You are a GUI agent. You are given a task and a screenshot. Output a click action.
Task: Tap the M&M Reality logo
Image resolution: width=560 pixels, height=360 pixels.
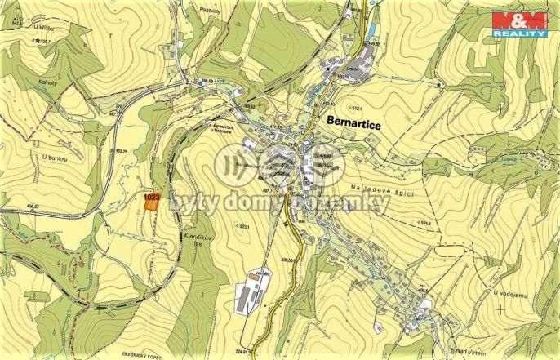[518, 24]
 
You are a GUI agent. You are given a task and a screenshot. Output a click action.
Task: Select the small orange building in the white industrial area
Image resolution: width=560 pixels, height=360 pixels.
[255, 278]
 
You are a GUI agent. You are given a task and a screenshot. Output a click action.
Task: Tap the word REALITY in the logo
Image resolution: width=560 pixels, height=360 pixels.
[518, 33]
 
